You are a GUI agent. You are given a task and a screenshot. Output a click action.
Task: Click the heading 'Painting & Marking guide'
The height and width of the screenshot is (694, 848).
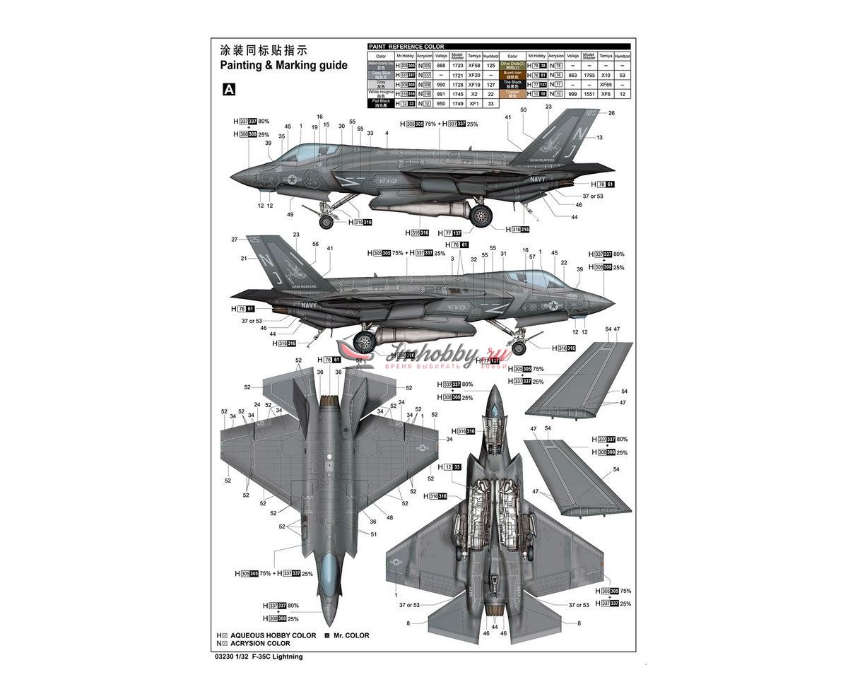pyautogui.click(x=283, y=65)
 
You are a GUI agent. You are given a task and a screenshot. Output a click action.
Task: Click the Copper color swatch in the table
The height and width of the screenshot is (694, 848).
pyautogui.click(x=512, y=93)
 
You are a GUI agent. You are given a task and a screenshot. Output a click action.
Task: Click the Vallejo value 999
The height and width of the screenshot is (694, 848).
pyautogui.click(x=572, y=93)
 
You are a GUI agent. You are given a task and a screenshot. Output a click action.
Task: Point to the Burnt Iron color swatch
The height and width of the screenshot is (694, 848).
pyautogui.click(x=512, y=74)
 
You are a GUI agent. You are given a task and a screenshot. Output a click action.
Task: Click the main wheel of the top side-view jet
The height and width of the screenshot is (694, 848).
pyautogui.click(x=481, y=216)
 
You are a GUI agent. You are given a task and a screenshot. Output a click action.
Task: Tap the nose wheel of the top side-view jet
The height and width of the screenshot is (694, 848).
pyautogui.click(x=326, y=223)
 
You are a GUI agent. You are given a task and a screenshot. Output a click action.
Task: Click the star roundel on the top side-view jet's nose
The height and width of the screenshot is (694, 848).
pyautogui.click(x=291, y=180)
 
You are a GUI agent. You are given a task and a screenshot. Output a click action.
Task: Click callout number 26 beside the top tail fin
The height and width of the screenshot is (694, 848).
pyautogui.click(x=611, y=113)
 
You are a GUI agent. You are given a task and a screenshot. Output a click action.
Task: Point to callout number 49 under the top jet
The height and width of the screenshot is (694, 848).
pyautogui.click(x=290, y=215)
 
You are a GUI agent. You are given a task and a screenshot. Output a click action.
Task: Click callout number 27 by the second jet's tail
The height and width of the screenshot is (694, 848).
pyautogui.click(x=235, y=240)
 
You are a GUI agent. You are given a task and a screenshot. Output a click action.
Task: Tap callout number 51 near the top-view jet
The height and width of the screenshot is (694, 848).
pyautogui.click(x=374, y=534)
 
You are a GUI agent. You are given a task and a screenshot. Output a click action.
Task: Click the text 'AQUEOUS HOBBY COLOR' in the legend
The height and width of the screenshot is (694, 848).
pyautogui.click(x=273, y=635)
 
